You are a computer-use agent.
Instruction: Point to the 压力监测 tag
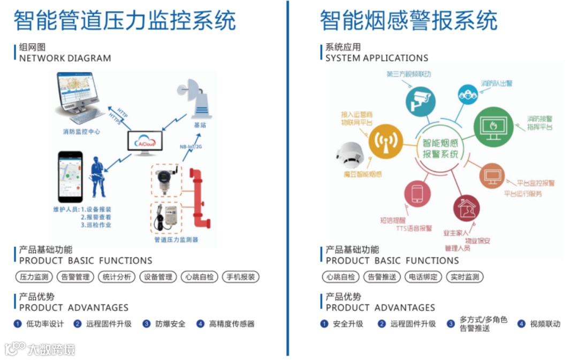pyautogui.click(x=33, y=277)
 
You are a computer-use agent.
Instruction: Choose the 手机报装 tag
pyautogui.click(x=241, y=277)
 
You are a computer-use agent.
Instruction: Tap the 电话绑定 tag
pyautogui.click(x=423, y=277)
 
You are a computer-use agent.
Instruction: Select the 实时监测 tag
pyautogui.click(x=465, y=277)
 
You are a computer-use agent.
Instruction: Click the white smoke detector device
pyautogui.click(x=351, y=156)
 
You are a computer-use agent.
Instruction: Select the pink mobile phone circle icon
pyautogui.click(x=417, y=194)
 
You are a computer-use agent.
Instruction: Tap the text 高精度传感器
pyautogui.click(x=232, y=324)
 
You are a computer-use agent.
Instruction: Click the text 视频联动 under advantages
pyautogui.click(x=545, y=324)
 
